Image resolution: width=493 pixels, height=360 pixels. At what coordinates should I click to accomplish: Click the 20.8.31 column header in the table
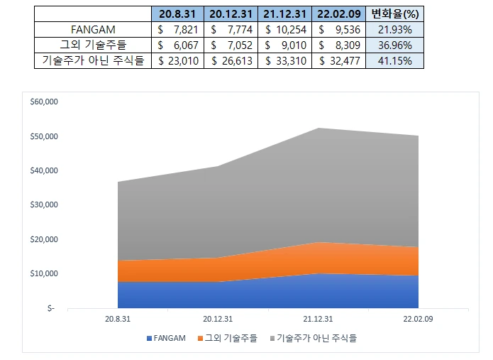177,14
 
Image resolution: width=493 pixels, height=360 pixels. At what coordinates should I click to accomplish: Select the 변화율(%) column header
394,14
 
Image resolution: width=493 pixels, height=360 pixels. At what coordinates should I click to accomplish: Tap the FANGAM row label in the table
93,30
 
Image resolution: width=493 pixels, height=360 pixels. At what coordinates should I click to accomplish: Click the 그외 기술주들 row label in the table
93,45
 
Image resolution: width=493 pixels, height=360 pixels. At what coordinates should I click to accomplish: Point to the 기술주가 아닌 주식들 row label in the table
93,60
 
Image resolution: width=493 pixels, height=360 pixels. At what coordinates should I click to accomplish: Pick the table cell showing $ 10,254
285,30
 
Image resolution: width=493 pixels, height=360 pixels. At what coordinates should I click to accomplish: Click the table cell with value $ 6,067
177,45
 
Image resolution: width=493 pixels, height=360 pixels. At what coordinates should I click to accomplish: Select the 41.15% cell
394,60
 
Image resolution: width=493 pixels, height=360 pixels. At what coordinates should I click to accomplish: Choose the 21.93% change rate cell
394,30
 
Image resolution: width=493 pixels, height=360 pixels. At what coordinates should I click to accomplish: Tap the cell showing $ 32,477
338,60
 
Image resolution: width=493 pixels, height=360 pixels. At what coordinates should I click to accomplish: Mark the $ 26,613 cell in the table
231,60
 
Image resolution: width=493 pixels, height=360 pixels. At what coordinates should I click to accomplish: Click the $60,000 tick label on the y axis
44,102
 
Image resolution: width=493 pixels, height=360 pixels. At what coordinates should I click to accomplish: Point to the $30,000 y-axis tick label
44,204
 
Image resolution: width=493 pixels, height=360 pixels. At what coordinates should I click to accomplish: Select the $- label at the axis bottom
51,308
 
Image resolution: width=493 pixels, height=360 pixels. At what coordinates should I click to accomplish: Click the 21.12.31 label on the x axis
318,319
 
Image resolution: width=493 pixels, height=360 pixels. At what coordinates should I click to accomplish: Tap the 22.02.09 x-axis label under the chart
419,319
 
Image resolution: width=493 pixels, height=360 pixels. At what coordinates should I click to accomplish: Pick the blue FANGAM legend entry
166,338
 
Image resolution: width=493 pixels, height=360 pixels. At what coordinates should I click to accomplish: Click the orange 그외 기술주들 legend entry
228,338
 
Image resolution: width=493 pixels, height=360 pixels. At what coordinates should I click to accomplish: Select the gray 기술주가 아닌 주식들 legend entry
314,338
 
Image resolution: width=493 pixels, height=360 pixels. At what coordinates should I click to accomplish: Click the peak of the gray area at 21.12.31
318,128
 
